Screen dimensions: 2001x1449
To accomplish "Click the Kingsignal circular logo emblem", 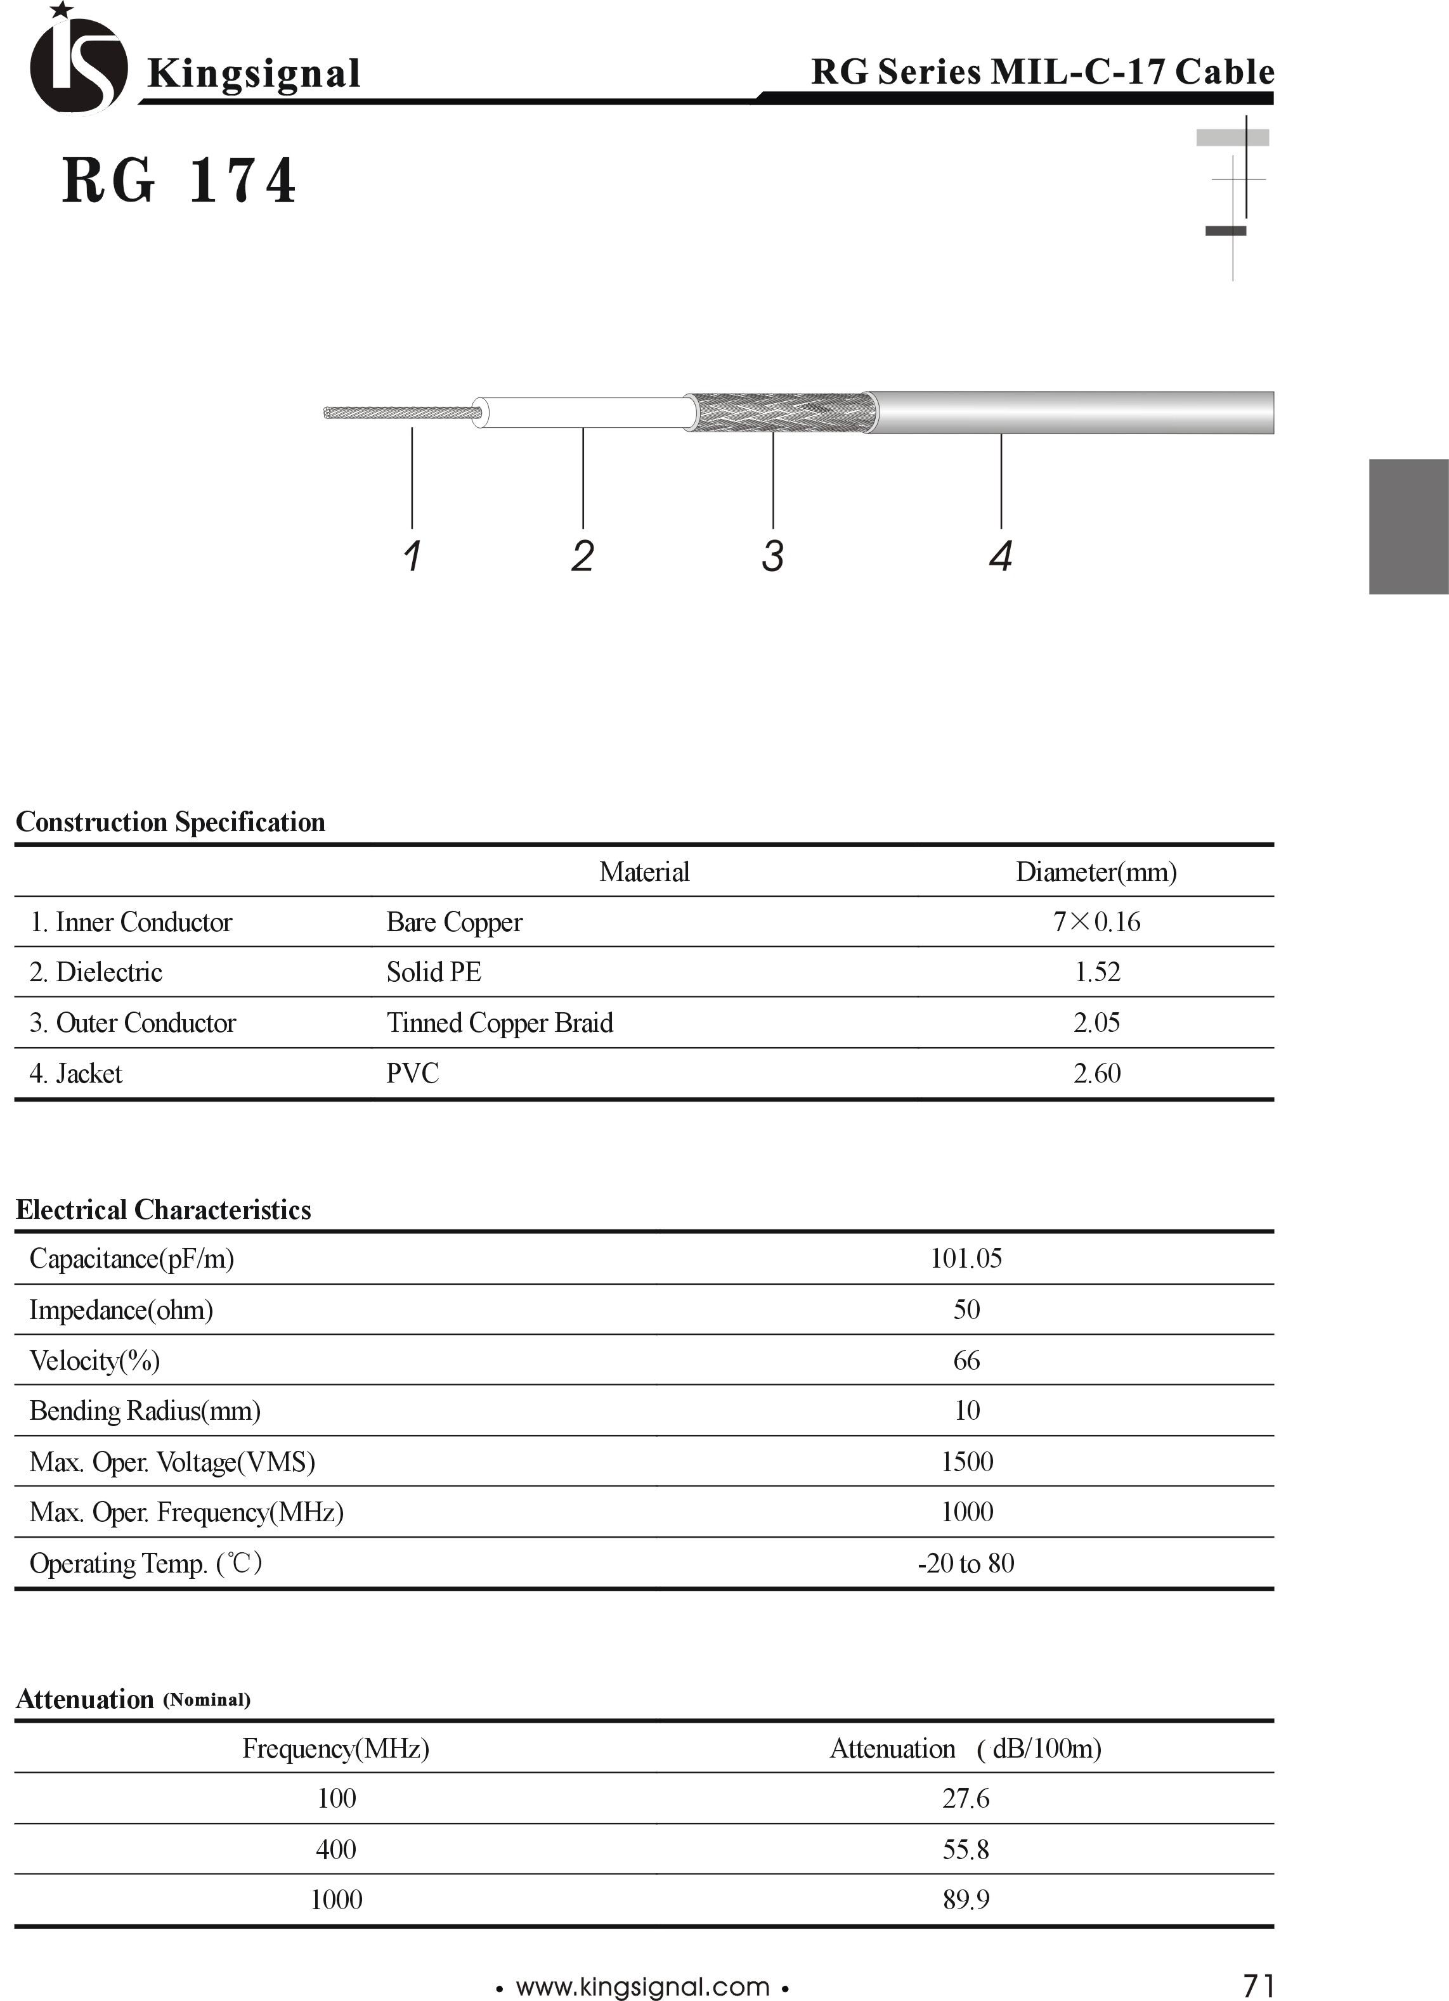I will [x=77, y=63].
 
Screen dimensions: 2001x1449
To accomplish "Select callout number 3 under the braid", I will [x=773, y=556].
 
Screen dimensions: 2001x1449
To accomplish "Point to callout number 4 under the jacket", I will [x=1001, y=556].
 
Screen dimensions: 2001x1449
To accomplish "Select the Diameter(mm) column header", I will [x=1096, y=872].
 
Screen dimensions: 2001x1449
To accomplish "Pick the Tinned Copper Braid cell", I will [x=500, y=1022].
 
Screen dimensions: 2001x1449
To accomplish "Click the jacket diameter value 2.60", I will [x=1097, y=1073].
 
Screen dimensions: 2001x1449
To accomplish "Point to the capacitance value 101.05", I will [x=966, y=1258].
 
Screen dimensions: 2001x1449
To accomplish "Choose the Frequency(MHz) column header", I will [x=335, y=1749].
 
